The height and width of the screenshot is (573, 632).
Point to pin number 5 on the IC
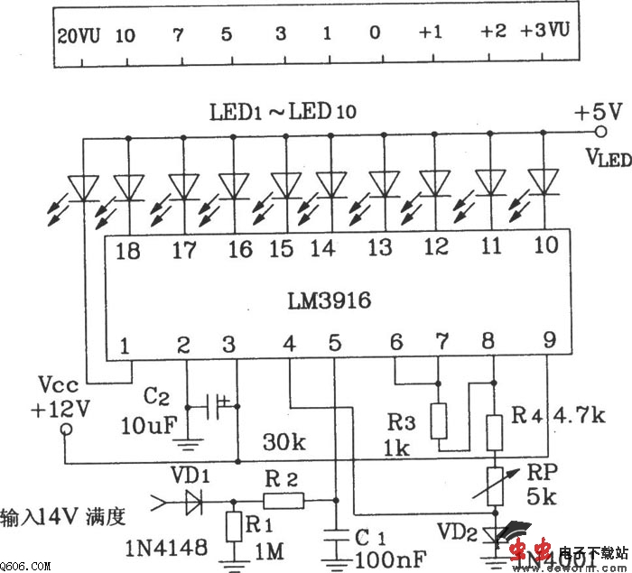point(335,343)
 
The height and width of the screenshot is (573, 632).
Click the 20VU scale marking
point(79,35)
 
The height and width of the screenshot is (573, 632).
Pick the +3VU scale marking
point(545,32)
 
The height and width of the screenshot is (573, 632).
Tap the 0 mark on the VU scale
point(374,34)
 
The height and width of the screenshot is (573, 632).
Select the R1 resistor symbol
point(234,526)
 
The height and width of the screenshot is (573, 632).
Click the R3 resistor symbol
point(440,421)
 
